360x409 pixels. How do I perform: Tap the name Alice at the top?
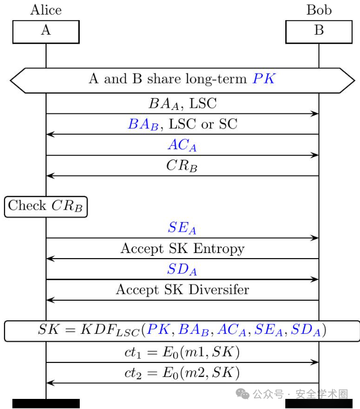(x=46, y=10)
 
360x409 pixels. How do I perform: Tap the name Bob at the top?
(x=319, y=10)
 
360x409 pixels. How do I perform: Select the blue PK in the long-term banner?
(x=264, y=78)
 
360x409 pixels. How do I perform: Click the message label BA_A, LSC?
(x=183, y=104)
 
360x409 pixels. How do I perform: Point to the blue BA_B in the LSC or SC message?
(x=143, y=124)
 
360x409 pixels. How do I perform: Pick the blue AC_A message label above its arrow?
(x=182, y=145)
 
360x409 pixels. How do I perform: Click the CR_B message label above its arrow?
(x=182, y=166)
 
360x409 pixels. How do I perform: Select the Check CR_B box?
(x=45, y=206)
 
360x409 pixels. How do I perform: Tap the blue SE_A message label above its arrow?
(x=182, y=228)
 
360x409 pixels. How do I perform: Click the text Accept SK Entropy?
(x=183, y=249)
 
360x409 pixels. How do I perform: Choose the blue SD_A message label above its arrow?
(x=182, y=269)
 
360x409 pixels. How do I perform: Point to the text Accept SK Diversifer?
(x=183, y=289)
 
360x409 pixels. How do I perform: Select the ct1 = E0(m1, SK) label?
(x=182, y=352)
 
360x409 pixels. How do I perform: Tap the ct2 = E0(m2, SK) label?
(x=182, y=373)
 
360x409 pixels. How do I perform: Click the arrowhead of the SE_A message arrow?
(x=315, y=238)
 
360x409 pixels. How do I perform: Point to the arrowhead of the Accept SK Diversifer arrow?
(x=51, y=300)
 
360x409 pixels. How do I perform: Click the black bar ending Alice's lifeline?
(x=46, y=403)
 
